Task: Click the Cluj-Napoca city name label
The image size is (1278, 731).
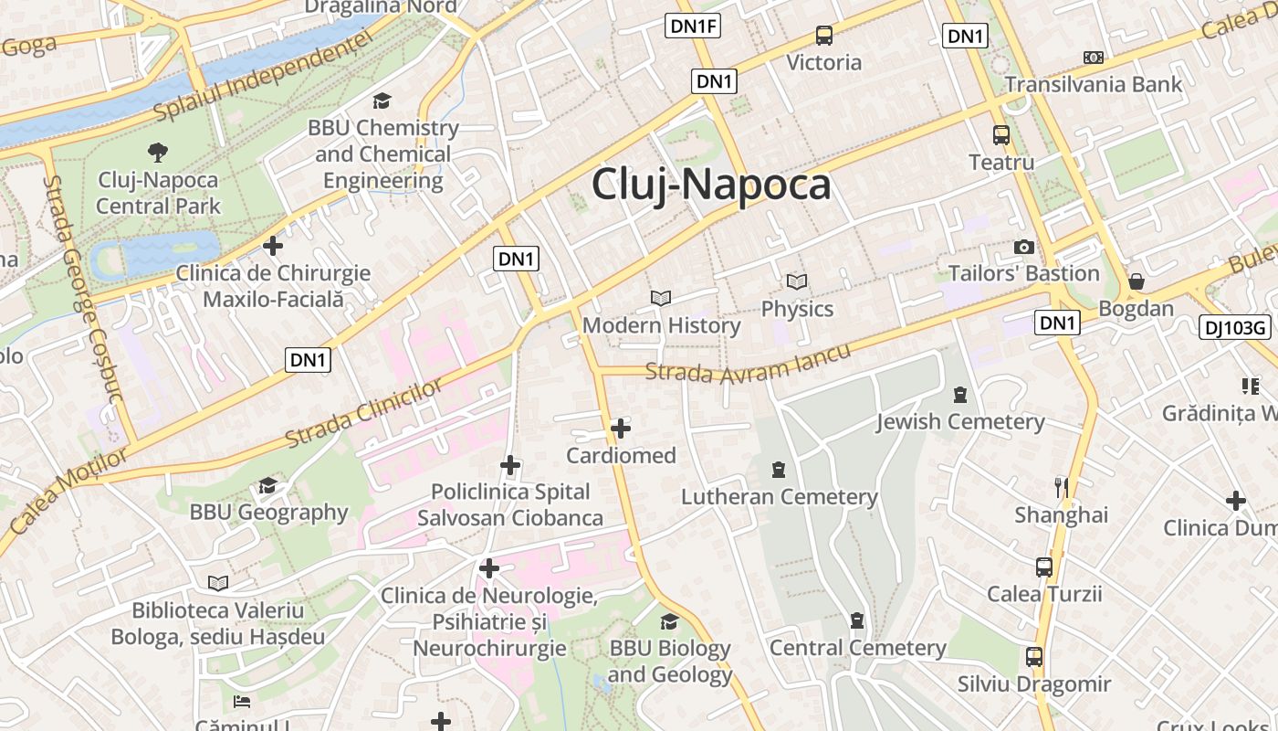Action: coord(711,185)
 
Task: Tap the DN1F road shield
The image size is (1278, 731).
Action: coord(694,26)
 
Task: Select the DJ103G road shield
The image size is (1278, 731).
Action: coord(1234,327)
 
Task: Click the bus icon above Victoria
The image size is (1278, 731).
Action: coord(823,36)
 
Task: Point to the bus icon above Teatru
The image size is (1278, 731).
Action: coord(1001,135)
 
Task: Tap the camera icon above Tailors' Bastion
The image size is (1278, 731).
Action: coord(1023,247)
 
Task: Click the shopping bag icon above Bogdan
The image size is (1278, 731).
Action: coord(1136,281)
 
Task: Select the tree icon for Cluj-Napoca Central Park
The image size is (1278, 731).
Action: coord(158,152)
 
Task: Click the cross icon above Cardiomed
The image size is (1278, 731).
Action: coord(621,428)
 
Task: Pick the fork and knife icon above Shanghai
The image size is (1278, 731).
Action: coord(1061,487)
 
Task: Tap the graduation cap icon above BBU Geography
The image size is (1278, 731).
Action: coord(267,484)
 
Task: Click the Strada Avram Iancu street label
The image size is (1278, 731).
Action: coord(748,362)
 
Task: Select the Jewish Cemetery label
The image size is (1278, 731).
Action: coord(960,421)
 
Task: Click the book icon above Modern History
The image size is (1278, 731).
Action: coord(661,298)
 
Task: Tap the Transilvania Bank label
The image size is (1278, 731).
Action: coord(1093,85)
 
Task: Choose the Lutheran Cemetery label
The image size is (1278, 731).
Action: coord(779,497)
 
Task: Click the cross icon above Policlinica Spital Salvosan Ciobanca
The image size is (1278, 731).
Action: coord(510,466)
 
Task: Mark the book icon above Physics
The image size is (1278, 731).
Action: coord(797,281)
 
